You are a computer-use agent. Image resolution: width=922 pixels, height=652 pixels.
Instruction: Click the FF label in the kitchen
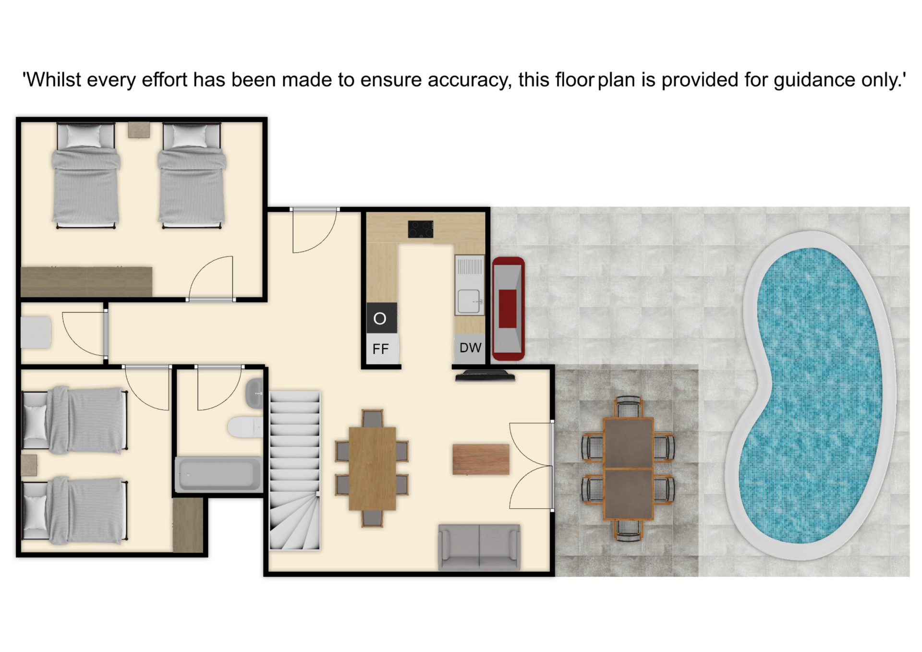tap(380, 349)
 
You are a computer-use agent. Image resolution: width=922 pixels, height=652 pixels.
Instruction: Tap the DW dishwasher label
tap(470, 348)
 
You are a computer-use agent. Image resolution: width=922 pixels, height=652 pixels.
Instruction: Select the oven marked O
tap(382, 318)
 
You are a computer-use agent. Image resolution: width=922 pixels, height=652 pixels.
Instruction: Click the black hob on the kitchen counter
tap(421, 229)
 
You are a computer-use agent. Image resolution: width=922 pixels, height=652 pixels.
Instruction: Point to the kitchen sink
tap(469, 301)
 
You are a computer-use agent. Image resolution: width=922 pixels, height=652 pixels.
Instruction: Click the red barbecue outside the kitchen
tap(509, 309)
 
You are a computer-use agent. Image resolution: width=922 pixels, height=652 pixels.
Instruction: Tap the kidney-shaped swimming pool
tap(811, 395)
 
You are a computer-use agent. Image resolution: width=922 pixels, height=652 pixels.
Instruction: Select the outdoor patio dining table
tap(628, 469)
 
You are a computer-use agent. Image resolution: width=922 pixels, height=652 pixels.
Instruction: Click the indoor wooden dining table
tap(372, 468)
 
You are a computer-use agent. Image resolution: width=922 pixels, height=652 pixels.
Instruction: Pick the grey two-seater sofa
tap(479, 547)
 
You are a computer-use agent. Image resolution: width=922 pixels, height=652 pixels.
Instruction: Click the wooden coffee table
tap(481, 459)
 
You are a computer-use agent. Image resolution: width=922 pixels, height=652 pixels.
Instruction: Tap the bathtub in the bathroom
tap(219, 474)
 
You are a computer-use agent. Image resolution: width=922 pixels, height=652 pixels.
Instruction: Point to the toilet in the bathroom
tap(245, 427)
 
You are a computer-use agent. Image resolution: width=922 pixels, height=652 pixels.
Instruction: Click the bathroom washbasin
tap(255, 393)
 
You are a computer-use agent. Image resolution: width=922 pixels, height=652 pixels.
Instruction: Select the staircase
tap(294, 471)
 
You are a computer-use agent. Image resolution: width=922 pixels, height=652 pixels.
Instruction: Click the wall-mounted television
tap(485, 376)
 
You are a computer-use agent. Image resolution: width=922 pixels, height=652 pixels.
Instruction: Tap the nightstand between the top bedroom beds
tap(139, 130)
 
